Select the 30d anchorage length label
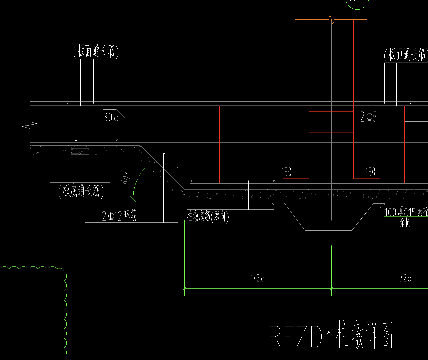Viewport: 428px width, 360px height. [111, 117]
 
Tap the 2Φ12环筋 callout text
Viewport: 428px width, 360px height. [119, 217]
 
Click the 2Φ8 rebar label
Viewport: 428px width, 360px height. [368, 117]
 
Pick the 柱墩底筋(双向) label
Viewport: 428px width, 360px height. [208, 217]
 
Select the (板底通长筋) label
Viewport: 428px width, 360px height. [81, 191]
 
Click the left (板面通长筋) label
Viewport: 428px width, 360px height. [96, 52]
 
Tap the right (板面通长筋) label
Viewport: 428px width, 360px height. [406, 55]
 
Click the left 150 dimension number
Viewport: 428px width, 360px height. [286, 172]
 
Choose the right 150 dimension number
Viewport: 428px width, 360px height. [370, 172]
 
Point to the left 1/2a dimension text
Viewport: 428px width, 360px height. [257, 278]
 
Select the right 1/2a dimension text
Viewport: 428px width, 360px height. [404, 278]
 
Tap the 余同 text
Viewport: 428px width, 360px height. [405, 222]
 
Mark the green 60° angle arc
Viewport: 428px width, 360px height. [137, 181]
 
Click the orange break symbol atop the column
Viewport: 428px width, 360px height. [331, 19]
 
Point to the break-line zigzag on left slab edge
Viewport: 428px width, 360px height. [30, 125]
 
